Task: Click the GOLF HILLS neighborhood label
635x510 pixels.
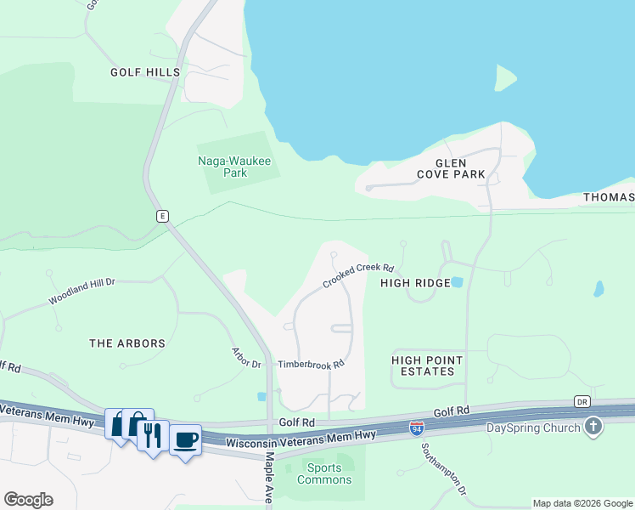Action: (x=145, y=72)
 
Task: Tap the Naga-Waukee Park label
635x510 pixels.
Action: (x=222, y=166)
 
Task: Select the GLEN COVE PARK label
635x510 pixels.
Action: (x=451, y=168)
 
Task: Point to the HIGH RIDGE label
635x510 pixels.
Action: (x=415, y=282)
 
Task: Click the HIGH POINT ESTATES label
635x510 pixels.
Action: (x=429, y=365)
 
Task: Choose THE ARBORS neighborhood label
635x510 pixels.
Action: (x=127, y=343)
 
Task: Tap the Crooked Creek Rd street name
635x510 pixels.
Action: (x=358, y=275)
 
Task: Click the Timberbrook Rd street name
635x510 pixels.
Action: (x=311, y=364)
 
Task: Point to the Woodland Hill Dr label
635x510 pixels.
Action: (x=81, y=291)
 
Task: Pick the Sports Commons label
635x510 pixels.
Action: (x=324, y=473)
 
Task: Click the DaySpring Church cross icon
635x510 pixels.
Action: (x=593, y=427)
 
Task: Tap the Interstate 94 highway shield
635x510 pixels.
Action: (x=417, y=428)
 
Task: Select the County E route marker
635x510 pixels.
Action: (x=161, y=216)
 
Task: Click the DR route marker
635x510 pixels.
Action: (x=582, y=401)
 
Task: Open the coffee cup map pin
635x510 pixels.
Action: (x=186, y=440)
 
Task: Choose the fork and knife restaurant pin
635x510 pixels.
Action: (x=152, y=435)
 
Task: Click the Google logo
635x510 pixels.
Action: (x=28, y=500)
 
